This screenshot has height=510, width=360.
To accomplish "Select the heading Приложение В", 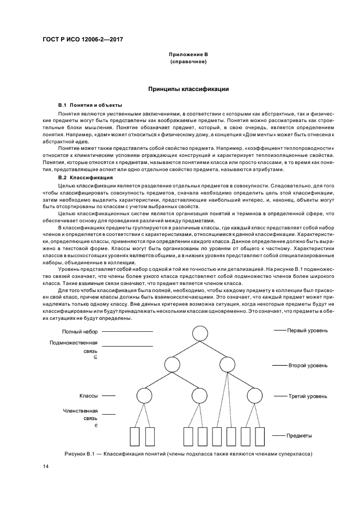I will pyautogui.click(x=188, y=55).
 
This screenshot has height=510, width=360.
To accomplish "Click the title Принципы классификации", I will pyautogui.click(x=188, y=88).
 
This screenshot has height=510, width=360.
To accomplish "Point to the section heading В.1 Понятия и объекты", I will pyautogui.click(x=90, y=104).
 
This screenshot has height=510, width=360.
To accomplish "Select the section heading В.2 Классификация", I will pyautogui.click(x=86, y=178).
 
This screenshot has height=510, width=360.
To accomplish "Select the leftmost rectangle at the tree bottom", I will pyautogui.click(x=136, y=436).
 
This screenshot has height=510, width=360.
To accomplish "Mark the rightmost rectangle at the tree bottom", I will pyautogui.click(x=260, y=436).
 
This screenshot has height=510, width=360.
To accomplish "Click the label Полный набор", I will pyautogui.click(x=80, y=331).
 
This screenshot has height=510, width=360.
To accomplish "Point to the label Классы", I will pyautogui.click(x=88, y=396).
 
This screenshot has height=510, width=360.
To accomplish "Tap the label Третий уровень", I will pyautogui.click(x=308, y=396).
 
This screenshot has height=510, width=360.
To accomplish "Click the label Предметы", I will pyautogui.click(x=300, y=436).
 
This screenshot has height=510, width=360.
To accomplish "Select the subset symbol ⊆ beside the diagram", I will pyautogui.click(x=95, y=357).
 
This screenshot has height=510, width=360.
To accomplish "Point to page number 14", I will pyautogui.click(x=46, y=467).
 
